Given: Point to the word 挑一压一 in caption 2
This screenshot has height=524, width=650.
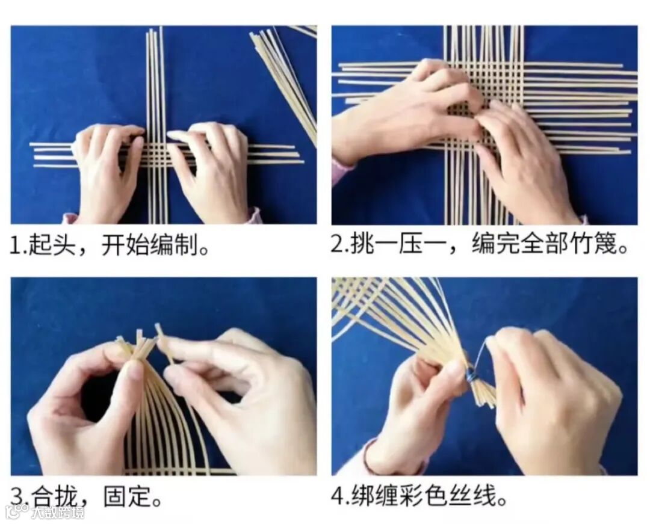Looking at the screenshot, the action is (x=398, y=244).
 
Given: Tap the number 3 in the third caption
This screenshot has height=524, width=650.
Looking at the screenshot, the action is (x=17, y=496).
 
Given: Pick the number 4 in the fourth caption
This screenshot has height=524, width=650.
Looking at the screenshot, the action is (x=338, y=495).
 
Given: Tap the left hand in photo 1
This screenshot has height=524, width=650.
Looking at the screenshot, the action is (x=108, y=170).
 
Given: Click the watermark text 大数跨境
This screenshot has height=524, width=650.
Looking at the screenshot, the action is (x=58, y=512).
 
